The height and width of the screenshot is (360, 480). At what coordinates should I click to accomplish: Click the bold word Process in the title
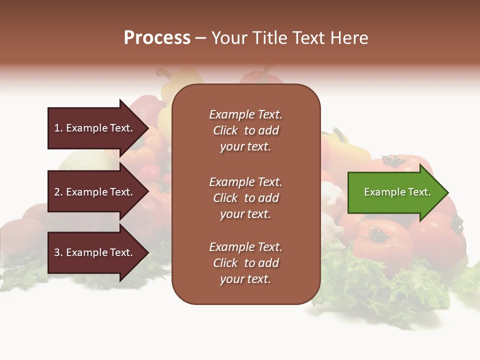[x=157, y=38]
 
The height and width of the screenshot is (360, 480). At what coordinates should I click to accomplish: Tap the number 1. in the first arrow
[x=58, y=128]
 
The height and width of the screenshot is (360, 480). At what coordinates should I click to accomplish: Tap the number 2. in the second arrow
[x=58, y=192]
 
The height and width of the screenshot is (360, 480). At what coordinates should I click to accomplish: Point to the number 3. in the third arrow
[x=58, y=252]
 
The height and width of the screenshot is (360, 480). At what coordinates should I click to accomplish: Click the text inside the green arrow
[x=397, y=192]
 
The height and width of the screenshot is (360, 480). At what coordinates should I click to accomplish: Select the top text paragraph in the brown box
[x=245, y=130]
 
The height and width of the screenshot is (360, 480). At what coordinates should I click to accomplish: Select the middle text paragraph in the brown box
[x=245, y=198]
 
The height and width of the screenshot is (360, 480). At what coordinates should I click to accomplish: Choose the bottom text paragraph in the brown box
[x=245, y=263]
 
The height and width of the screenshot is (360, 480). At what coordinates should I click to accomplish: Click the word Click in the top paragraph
[x=225, y=130]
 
